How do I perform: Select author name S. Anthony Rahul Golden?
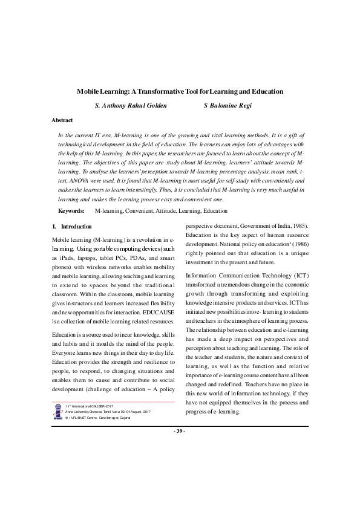pyautogui.click(x=131, y=106)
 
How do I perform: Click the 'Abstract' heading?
pyautogui.click(x=62, y=120)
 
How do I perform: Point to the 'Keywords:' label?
pyautogui.click(x=71, y=211)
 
